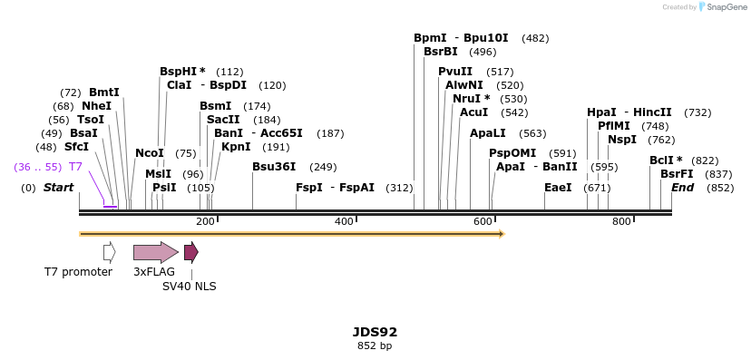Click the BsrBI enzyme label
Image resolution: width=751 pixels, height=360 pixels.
(x=440, y=52)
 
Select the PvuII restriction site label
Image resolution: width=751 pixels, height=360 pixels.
(x=455, y=72)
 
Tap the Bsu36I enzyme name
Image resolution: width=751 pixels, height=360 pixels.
(x=274, y=167)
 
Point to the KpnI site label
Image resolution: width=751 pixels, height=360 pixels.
(x=236, y=147)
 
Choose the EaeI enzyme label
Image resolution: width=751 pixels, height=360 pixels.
(x=558, y=188)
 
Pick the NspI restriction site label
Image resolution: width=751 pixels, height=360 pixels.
(x=622, y=140)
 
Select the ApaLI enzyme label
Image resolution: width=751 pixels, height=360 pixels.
(x=488, y=133)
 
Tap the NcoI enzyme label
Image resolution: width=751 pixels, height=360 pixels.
(x=150, y=153)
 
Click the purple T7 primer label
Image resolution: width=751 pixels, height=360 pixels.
(x=76, y=167)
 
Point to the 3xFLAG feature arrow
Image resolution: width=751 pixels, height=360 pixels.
(x=155, y=252)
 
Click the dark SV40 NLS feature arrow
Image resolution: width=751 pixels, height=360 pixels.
(x=190, y=252)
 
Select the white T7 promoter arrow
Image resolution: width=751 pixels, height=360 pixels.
(x=109, y=252)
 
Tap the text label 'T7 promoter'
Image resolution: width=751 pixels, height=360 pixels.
(x=78, y=272)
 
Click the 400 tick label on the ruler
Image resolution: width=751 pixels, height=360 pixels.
(x=344, y=221)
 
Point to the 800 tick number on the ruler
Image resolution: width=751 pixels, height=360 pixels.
(x=621, y=221)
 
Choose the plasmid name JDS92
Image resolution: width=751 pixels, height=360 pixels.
(x=375, y=332)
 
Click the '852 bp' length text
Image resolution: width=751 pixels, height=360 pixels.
(x=375, y=345)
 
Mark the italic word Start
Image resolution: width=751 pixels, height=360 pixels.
(x=58, y=188)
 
